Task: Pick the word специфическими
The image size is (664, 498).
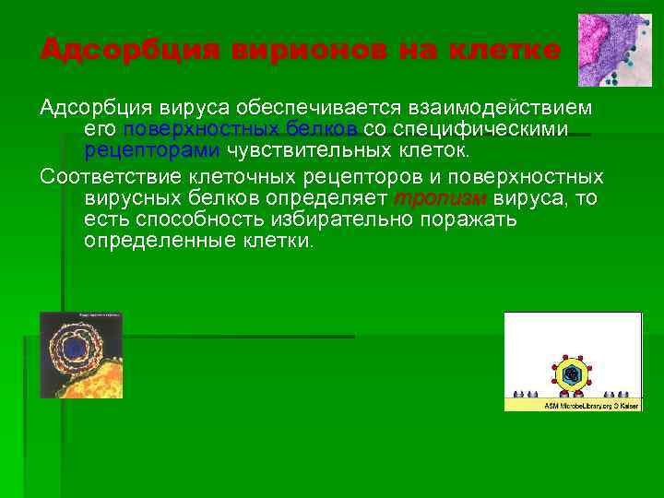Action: click(493, 129)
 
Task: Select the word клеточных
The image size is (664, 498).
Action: click(285, 176)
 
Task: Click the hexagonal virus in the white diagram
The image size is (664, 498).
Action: click(574, 373)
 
